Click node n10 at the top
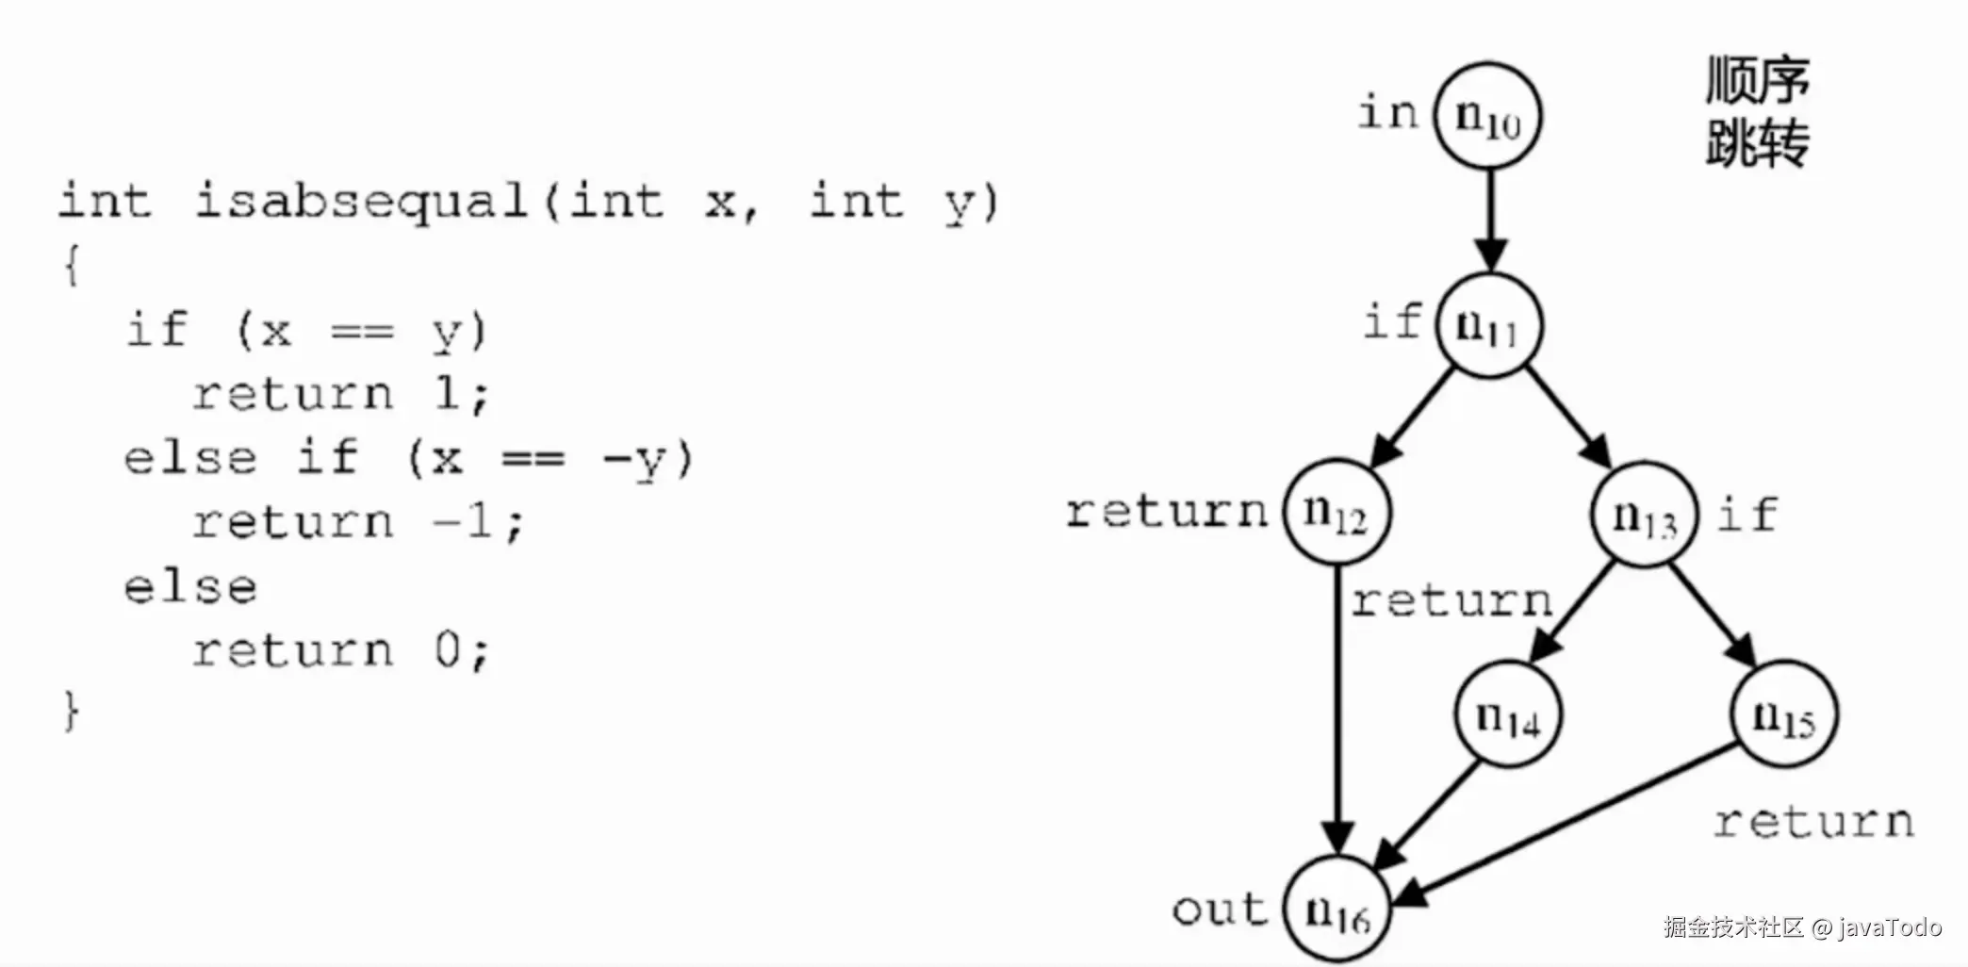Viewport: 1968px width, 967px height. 1487,116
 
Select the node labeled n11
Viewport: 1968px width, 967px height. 1488,325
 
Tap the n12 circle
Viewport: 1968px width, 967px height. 1337,512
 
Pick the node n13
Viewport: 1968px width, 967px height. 1644,515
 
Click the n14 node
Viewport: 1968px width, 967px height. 1507,715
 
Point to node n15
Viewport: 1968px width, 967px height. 1784,714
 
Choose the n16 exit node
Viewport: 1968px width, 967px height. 1337,910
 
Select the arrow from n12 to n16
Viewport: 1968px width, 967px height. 1337,707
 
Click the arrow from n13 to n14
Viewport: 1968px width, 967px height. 1574,613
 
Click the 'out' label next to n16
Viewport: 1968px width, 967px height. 1220,910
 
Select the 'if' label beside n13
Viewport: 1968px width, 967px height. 1747,515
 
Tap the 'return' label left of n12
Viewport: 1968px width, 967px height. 1167,512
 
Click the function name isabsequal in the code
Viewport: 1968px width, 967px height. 360,202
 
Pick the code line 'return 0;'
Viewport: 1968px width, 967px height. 341,650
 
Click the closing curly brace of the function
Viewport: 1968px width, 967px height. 72,711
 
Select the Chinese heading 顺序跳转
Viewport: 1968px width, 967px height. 1758,111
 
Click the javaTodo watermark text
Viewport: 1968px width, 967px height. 1889,927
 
